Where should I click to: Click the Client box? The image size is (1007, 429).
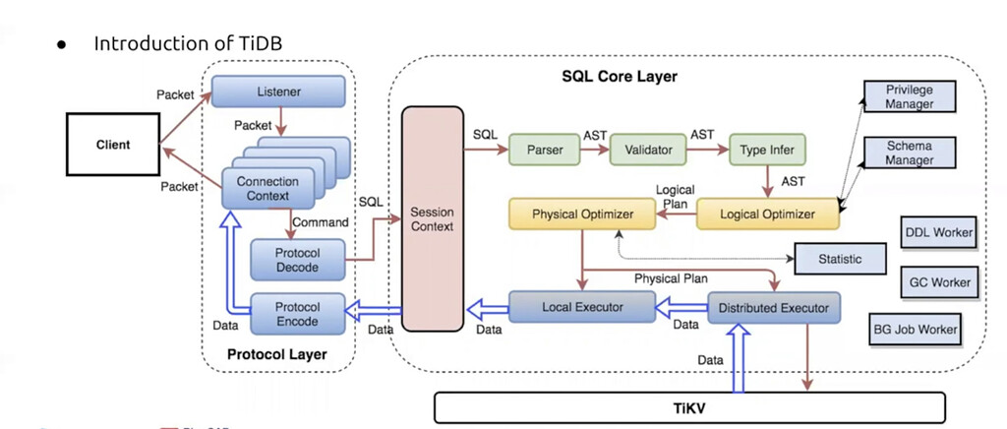pos(113,145)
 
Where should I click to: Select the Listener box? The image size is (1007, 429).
pos(278,92)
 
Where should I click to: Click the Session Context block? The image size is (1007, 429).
pos(433,218)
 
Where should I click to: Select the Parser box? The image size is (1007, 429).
pos(544,150)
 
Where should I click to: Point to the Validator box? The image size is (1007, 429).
pos(647,150)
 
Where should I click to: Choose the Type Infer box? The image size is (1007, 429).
pos(767,150)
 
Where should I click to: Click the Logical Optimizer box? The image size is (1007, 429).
pos(768,214)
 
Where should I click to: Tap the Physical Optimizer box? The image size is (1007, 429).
pos(583,214)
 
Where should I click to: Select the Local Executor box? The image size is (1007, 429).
pos(582,307)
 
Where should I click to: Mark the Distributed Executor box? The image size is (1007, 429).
pos(774,308)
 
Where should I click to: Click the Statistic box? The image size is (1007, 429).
pos(839,260)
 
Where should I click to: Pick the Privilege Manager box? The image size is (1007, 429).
pos(909,97)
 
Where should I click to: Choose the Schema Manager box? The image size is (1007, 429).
pos(909,153)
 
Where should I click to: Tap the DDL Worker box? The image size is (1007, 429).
pos(937,233)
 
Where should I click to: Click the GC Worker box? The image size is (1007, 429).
pos(937,282)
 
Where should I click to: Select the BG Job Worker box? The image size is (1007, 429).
pos(915,330)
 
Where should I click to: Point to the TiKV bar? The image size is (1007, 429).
pos(688,407)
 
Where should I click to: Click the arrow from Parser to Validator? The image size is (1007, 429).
pos(595,150)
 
